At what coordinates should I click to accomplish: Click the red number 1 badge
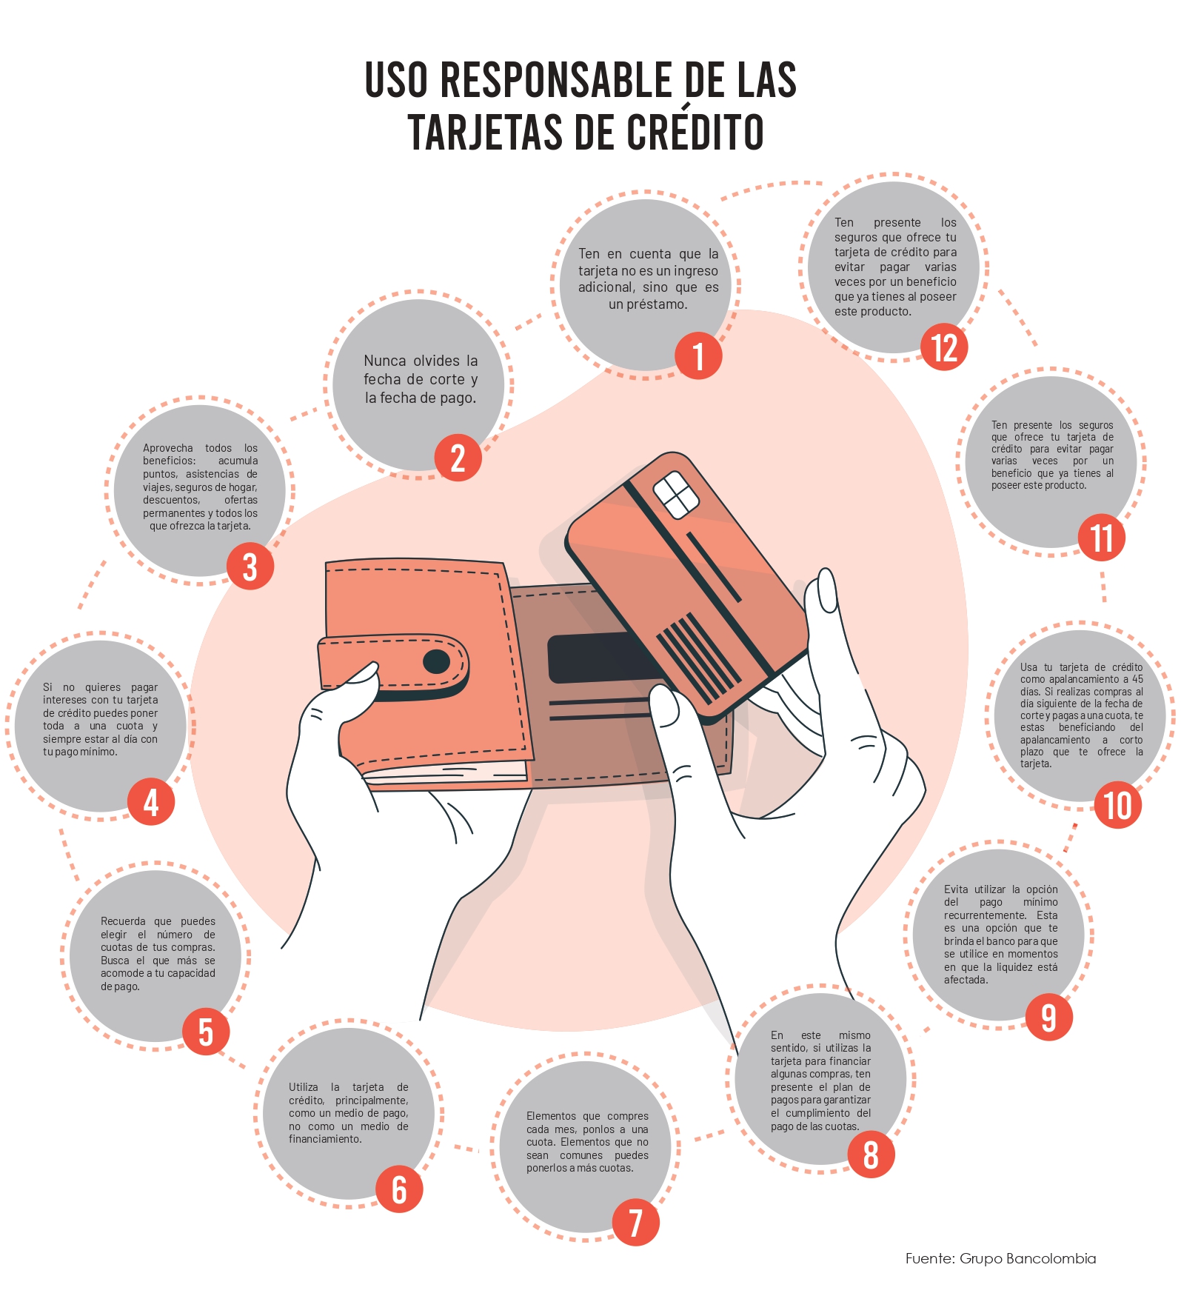point(697,356)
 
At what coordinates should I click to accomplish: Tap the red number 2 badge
point(458,458)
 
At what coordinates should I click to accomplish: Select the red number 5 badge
point(206,1032)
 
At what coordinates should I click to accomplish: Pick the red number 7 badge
point(635,1222)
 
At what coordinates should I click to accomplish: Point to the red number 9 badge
point(1048,1018)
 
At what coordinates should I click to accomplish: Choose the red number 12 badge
point(944,347)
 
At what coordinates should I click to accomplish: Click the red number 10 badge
point(1117,805)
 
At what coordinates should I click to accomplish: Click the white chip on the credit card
point(675,494)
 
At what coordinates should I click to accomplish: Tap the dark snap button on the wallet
point(436,661)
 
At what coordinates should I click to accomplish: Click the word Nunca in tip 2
point(384,361)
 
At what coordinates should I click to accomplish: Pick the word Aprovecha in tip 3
point(167,448)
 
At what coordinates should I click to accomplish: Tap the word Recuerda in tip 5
point(123,921)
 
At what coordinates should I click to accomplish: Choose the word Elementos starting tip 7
point(551,1116)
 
